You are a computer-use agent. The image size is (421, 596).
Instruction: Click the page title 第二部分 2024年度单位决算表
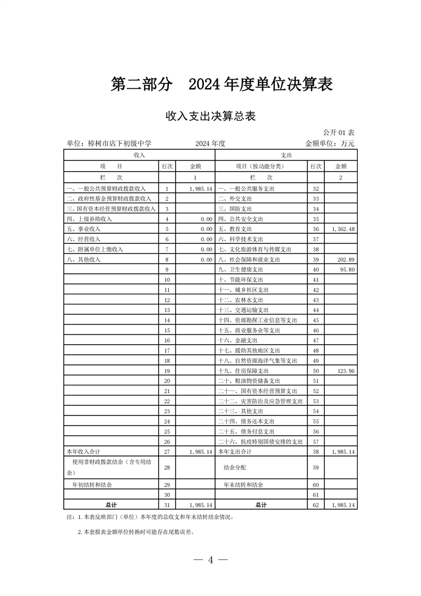pos(221,84)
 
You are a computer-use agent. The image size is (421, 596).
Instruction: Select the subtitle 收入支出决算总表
pos(210,116)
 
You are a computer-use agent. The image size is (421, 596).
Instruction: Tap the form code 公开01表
pos(339,132)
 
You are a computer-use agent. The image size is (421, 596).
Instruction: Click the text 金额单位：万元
pos(330,143)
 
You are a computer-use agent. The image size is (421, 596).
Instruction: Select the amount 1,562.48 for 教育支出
pos(342,229)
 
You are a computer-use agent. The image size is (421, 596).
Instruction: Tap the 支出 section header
pos(286,155)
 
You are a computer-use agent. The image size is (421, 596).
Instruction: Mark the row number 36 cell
pos(315,229)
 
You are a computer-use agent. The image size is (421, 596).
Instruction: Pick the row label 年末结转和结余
pos(243,485)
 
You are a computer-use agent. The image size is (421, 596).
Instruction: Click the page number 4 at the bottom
pos(211,560)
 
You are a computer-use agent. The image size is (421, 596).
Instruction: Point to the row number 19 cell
pos(167,371)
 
